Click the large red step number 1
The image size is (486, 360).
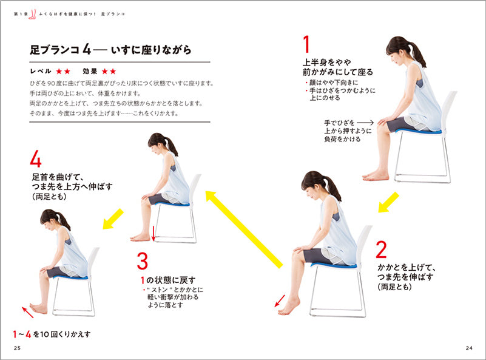click(306, 45)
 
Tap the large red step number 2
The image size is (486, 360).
click(381, 250)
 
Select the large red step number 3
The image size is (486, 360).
click(142, 262)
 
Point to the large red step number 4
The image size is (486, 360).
click(36, 160)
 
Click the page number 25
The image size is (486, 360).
click(16, 347)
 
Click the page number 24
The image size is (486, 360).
click(468, 347)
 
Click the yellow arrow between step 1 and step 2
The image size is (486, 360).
click(388, 202)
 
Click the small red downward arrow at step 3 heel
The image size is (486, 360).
click(154, 233)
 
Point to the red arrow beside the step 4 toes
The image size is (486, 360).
click(28, 312)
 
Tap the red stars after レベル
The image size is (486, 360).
click(64, 71)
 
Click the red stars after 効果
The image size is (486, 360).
click(109, 71)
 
